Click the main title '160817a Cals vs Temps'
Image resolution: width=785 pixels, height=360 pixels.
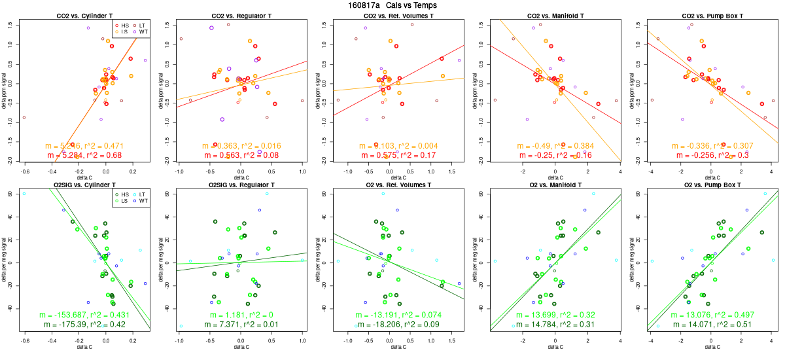tap(393, 5)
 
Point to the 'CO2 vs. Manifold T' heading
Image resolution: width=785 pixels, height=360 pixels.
tap(555, 15)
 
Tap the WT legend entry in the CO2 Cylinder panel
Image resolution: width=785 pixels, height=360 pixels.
tap(141, 31)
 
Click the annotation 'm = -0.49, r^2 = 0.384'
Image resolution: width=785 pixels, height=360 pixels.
tap(555, 145)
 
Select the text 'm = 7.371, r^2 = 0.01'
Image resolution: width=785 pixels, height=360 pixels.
tap(241, 325)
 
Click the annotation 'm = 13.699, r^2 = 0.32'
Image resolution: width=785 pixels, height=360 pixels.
tap(555, 315)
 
